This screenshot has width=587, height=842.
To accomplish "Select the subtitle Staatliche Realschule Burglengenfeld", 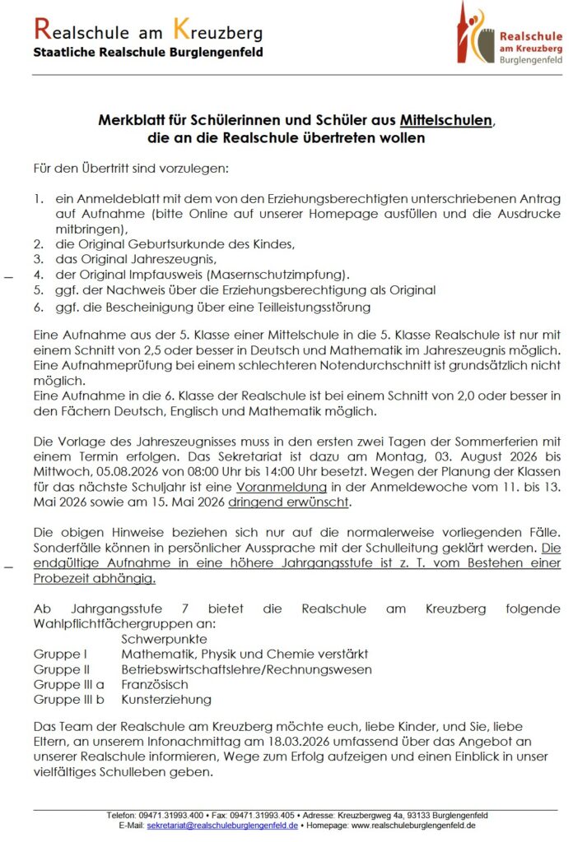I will (148, 53).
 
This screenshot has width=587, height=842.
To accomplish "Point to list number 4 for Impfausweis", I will (37, 274).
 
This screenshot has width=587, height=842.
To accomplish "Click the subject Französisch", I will (155, 684).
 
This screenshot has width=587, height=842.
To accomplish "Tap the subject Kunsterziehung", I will (166, 700).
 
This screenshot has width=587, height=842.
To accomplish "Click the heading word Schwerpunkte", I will (164, 638).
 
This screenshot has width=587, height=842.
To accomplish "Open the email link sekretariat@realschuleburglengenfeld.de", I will (222, 825).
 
